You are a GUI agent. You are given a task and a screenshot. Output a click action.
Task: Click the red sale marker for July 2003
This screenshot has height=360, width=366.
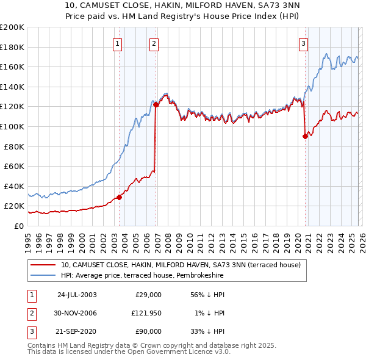point(120,197)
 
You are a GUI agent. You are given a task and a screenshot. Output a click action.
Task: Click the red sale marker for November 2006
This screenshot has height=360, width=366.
point(156,105)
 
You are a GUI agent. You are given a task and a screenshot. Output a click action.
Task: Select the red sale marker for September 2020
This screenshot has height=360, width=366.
point(304,137)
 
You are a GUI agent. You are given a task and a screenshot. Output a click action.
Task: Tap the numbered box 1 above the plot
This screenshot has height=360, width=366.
point(117,43)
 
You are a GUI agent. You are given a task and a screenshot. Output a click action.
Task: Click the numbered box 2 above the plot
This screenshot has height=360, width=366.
point(154,43)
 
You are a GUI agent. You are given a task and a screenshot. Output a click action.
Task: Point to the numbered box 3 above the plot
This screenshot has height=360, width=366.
point(303,43)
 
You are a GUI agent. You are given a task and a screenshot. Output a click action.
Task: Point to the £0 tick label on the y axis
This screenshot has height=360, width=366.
point(18,226)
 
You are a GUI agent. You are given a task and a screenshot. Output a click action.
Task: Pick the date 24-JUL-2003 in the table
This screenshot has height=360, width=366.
point(76,294)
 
